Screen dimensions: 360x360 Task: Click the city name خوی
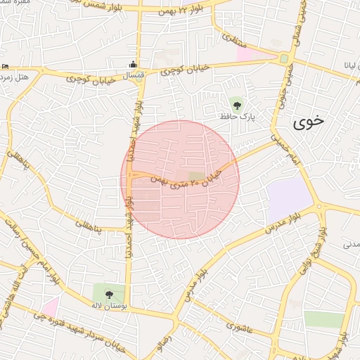coord(309,121)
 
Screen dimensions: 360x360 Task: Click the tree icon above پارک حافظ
coord(237,105)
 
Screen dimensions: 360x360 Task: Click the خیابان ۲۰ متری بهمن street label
coord(188,178)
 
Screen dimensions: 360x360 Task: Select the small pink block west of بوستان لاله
coord(50,307)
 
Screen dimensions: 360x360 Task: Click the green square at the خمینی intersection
coord(283,59)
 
